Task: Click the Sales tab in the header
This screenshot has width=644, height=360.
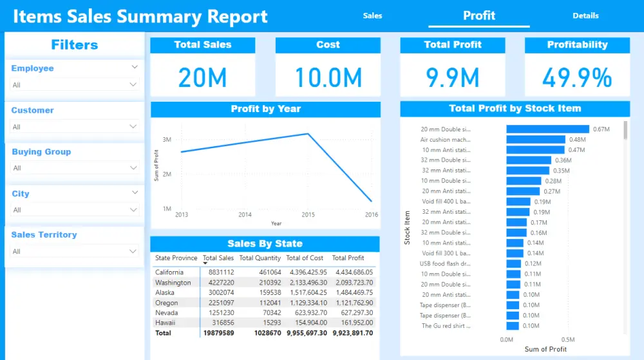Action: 372,15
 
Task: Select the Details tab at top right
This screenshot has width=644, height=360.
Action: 585,15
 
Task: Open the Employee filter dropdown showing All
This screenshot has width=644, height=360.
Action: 75,84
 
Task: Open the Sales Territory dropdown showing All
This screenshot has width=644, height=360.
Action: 75,251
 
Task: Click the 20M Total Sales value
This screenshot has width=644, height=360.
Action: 202,78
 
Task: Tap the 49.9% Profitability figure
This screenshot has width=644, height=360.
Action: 577,78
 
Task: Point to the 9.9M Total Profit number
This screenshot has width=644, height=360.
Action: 453,78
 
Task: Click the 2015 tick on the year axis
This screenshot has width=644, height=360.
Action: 308,214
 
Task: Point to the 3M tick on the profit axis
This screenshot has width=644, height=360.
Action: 167,140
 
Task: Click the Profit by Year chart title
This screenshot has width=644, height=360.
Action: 265,109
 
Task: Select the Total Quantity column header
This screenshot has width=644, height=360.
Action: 260,258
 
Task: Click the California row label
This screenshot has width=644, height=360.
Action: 169,272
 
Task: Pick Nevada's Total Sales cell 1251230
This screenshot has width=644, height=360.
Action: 220,312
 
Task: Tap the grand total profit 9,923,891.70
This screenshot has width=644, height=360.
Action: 348,333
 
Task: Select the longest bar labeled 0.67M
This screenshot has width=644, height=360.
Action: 547,129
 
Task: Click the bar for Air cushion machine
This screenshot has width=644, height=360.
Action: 535,140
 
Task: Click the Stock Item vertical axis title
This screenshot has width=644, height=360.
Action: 407,227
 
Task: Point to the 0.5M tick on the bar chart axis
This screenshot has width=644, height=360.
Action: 567,339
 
